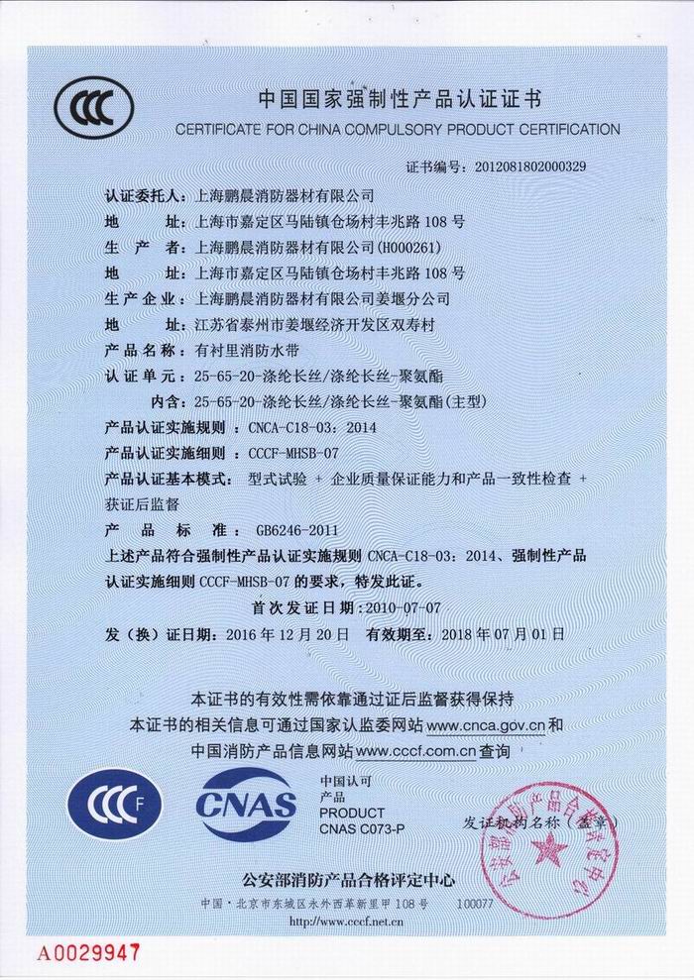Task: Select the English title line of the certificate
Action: pyautogui.click(x=397, y=129)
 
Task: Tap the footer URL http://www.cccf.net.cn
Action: pyautogui.click(x=345, y=921)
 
